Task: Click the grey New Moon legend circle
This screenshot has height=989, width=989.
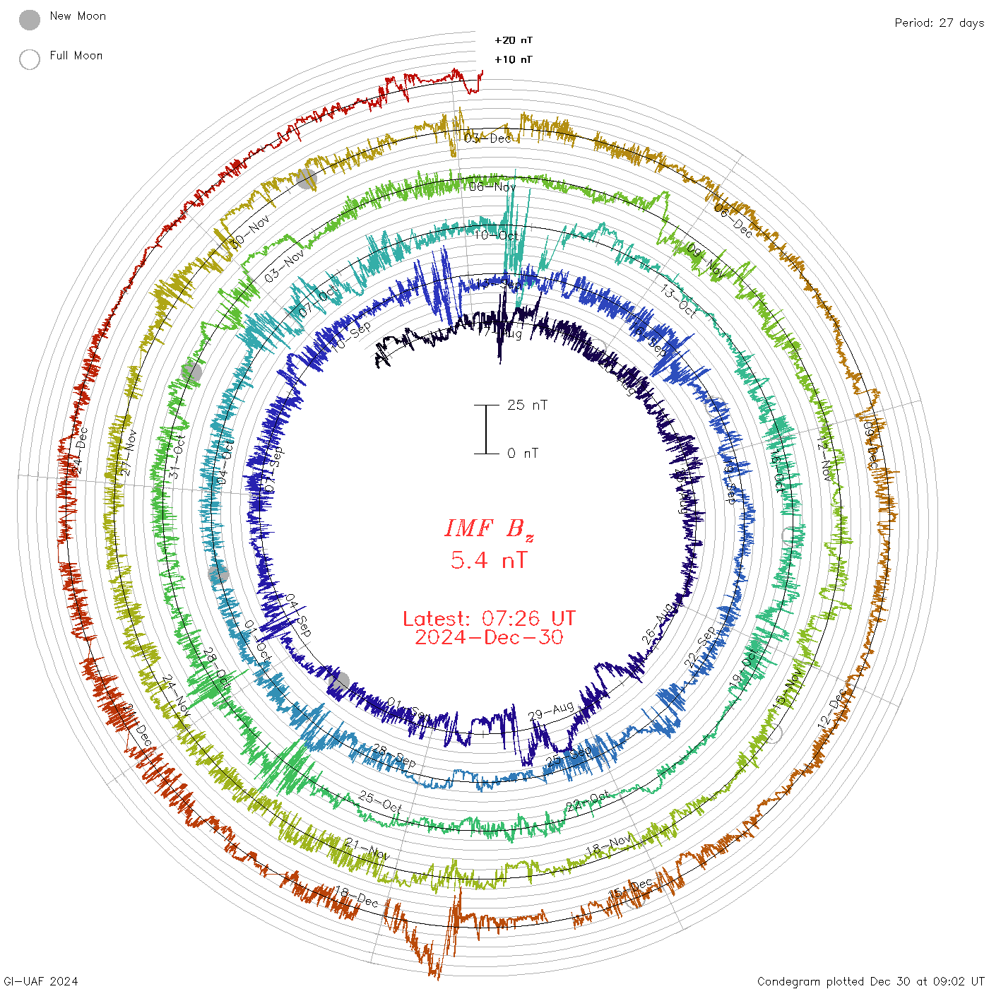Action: (30, 20)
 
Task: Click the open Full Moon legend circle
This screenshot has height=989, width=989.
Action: (30, 59)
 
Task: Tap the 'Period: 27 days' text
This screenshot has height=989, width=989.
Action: (939, 23)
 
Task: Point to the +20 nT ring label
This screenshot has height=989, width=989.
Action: (514, 40)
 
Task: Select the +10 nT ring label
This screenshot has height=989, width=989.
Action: (514, 60)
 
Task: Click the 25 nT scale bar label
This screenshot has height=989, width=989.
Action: (527, 405)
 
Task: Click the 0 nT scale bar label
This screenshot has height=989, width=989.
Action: (523, 454)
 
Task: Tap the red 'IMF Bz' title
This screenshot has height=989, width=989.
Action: (489, 529)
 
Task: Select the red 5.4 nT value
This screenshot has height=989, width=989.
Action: (489, 561)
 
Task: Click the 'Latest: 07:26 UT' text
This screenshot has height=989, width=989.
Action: (489, 619)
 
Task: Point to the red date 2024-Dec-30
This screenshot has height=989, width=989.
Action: (489, 638)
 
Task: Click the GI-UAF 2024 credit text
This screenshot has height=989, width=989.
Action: (40, 981)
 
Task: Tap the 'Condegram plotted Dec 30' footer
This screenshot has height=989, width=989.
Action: (870, 981)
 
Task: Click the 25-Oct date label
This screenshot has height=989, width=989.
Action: (380, 802)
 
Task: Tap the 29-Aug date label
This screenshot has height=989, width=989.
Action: (551, 711)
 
